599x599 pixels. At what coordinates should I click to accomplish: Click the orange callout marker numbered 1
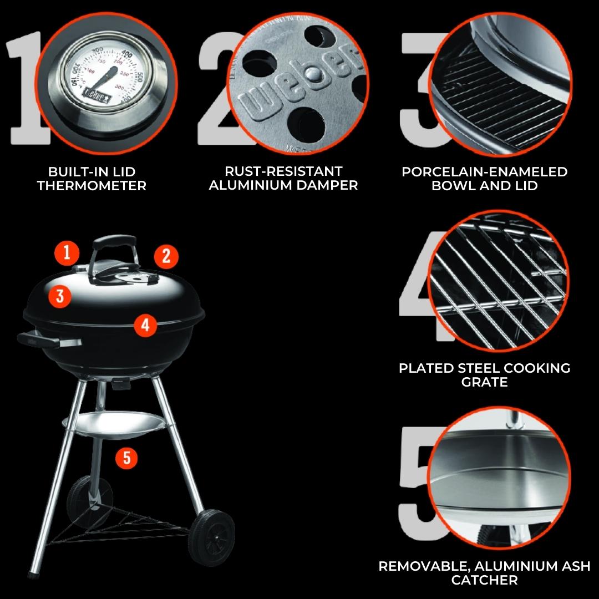[x=67, y=253]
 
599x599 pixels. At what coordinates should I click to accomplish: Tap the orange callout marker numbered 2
[x=166, y=256]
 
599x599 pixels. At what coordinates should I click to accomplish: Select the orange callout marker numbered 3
[x=59, y=296]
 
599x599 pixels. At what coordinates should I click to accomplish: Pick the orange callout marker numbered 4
[x=145, y=326]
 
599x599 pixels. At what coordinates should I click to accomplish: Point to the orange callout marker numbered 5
[x=127, y=457]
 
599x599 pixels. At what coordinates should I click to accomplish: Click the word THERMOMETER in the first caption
[x=92, y=186]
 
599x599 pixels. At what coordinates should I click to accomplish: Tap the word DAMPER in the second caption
[x=327, y=185]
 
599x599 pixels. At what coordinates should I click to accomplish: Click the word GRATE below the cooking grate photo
[x=484, y=382]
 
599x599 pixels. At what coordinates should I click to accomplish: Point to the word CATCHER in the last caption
[x=484, y=580]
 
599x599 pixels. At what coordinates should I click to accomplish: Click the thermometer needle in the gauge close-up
[x=100, y=81]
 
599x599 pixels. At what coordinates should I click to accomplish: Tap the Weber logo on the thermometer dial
[x=97, y=96]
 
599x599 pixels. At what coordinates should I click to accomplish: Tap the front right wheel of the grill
[x=212, y=537]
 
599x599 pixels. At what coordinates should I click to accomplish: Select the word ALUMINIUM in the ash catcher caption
[x=518, y=566]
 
